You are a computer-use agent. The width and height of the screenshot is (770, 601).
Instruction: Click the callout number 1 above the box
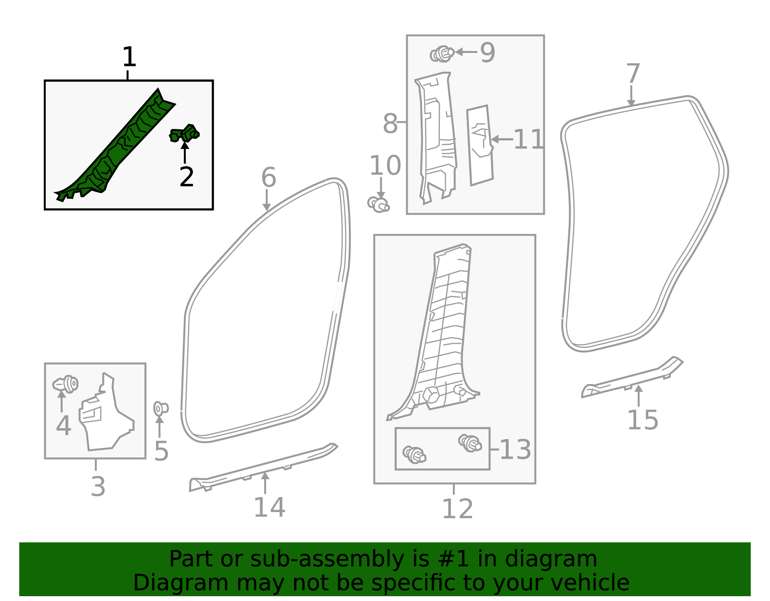129,58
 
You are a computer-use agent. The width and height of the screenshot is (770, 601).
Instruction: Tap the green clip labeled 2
184,133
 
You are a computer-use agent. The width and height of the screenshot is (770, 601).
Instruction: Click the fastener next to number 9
442,53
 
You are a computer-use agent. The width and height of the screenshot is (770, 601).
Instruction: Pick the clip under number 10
378,204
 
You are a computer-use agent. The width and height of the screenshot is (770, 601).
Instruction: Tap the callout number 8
390,124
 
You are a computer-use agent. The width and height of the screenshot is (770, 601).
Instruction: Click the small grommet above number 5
160,409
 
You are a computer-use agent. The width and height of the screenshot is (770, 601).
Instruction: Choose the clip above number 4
66,384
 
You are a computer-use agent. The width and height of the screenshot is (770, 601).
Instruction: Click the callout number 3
98,486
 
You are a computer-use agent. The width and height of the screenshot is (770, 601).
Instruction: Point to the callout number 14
269,507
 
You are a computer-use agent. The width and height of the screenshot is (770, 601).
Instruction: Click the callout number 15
642,420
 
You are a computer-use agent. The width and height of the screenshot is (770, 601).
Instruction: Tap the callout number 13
515,449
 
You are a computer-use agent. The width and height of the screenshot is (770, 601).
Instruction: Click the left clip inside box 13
414,454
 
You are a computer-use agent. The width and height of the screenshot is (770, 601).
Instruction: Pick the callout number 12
457,509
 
